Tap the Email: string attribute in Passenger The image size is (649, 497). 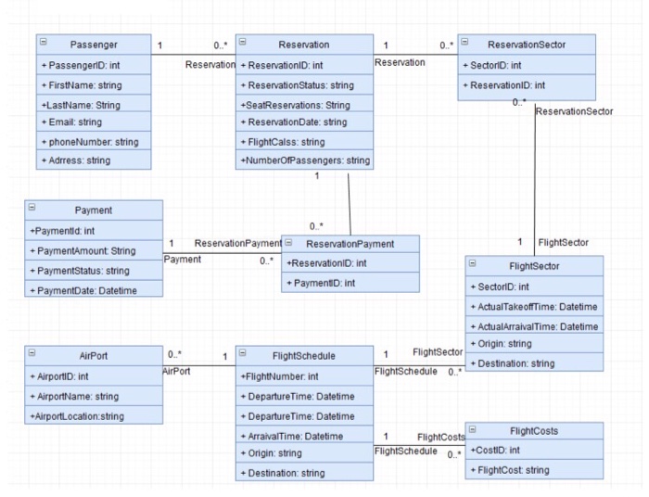[72, 122]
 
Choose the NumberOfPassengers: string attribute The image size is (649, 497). [305, 161]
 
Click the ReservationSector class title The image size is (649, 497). [526, 45]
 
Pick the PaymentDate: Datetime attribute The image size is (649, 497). [83, 289]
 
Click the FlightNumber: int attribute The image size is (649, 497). [279, 377]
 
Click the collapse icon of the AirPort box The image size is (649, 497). [32, 353]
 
